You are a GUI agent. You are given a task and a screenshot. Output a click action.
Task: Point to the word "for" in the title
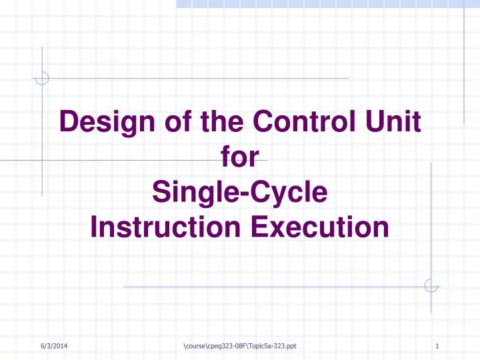(x=239, y=158)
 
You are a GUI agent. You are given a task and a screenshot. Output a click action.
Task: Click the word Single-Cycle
(x=240, y=193)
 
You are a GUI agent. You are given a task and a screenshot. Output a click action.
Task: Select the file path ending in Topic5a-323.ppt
(x=239, y=346)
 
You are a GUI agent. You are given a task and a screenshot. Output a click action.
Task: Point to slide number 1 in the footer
(x=436, y=346)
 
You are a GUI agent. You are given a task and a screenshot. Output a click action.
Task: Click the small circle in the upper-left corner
(x=42, y=79)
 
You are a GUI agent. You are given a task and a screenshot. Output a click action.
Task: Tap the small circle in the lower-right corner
(x=431, y=286)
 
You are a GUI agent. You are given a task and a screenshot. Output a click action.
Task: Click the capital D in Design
(x=69, y=122)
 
